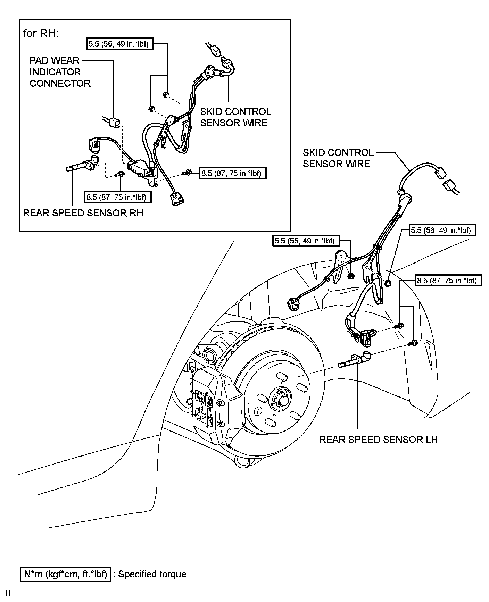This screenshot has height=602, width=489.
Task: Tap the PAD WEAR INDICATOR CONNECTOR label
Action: point(60,72)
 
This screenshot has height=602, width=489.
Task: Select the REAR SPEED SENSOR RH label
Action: point(83,213)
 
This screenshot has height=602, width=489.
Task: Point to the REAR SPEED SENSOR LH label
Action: point(378,440)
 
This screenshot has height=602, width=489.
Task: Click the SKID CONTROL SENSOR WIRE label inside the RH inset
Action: point(235,117)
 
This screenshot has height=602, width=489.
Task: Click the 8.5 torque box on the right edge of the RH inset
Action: point(233,173)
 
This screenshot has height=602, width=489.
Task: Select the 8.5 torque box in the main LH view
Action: point(448,280)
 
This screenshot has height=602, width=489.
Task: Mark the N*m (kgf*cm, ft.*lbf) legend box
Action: point(65,574)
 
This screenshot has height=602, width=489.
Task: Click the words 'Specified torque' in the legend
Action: point(152,574)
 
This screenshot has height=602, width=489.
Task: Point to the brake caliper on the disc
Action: point(212,403)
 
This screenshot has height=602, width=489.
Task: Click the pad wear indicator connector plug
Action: point(115,122)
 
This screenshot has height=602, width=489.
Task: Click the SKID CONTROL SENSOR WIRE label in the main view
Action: point(338,158)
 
